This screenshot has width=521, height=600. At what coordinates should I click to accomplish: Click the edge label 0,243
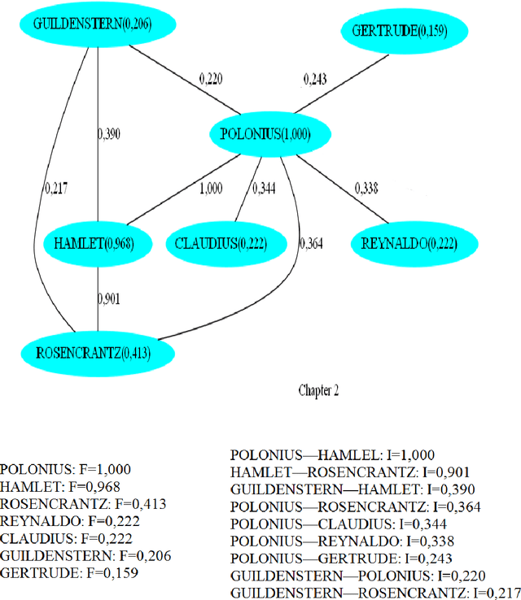click(315, 80)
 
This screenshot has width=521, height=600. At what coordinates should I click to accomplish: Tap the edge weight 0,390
click(108, 134)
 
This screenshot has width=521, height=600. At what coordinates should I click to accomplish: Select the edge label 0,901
click(108, 298)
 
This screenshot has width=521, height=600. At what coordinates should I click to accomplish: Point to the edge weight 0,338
click(367, 189)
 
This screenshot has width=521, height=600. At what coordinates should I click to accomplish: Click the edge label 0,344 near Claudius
click(264, 189)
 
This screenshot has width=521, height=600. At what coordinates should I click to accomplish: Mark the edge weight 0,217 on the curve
click(56, 189)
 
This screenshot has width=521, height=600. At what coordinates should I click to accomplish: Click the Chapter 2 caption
click(317, 390)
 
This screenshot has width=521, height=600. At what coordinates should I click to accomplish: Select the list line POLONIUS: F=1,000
click(66, 469)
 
